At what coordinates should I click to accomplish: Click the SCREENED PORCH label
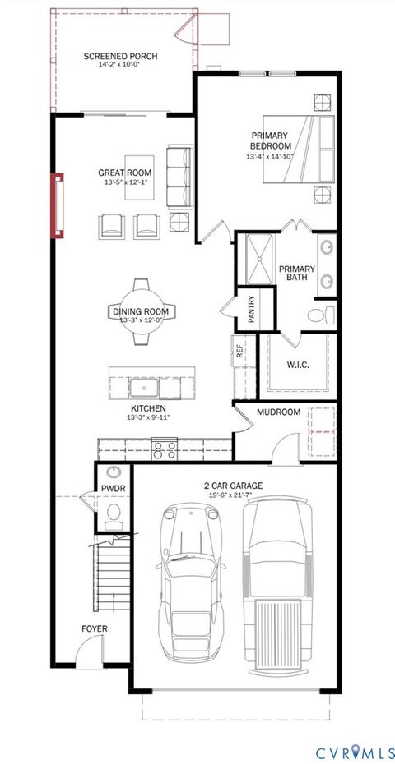[121, 57]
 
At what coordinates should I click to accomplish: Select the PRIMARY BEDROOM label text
[270, 140]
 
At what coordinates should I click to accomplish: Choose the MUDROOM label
[278, 412]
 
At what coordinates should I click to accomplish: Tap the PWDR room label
[112, 488]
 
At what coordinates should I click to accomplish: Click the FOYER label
[94, 629]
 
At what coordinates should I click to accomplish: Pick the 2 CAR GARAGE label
[234, 486]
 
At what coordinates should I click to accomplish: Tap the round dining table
[142, 311]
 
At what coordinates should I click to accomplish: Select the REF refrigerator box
[240, 352]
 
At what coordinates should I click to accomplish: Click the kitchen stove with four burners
[165, 449]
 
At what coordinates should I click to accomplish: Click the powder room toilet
[114, 514]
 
